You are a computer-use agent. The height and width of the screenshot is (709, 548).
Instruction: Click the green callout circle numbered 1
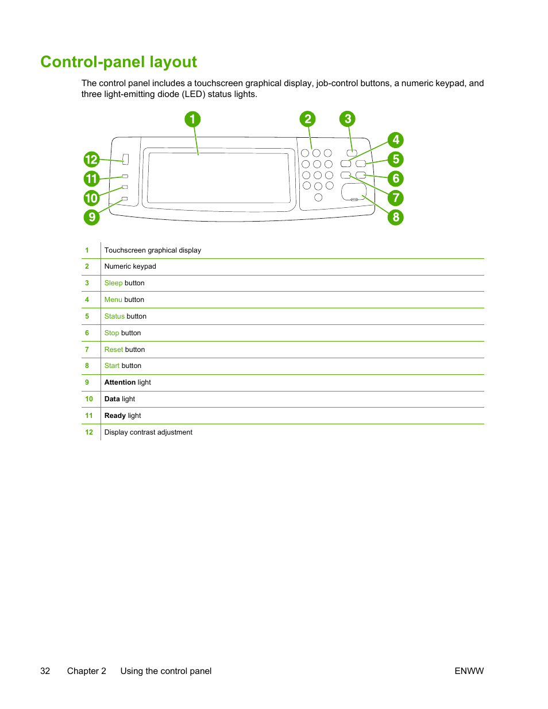[192, 119]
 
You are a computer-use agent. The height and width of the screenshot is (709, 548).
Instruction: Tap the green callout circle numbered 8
[395, 218]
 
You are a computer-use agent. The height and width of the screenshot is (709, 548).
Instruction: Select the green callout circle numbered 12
[91, 160]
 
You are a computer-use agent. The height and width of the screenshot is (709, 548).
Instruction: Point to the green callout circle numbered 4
[395, 140]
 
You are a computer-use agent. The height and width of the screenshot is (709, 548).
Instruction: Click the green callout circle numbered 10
[91, 198]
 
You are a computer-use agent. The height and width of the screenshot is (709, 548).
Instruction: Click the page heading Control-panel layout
[118, 62]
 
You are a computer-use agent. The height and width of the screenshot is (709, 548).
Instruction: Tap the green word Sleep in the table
[113, 283]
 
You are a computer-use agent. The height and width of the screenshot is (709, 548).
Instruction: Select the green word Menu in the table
[113, 300]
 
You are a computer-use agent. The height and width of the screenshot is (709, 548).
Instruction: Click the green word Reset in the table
[114, 350]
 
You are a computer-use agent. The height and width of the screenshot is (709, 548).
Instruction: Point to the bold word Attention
[120, 382]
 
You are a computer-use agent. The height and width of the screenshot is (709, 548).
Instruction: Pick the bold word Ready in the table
[115, 416]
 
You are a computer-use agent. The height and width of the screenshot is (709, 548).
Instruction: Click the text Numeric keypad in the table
[130, 266]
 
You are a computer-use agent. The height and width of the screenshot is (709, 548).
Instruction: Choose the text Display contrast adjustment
[148, 432]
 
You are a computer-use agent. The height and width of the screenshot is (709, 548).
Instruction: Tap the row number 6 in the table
[87, 333]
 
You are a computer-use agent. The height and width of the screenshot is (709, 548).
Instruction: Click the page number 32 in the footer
[45, 671]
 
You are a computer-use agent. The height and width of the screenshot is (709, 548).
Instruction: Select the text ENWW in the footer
[469, 671]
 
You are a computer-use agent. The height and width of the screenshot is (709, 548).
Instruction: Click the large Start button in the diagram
[353, 192]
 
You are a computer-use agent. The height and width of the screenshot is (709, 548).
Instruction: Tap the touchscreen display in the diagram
[218, 177]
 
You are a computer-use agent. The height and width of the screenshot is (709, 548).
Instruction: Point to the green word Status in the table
[114, 316]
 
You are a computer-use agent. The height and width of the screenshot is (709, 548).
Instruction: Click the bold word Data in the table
[112, 399]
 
